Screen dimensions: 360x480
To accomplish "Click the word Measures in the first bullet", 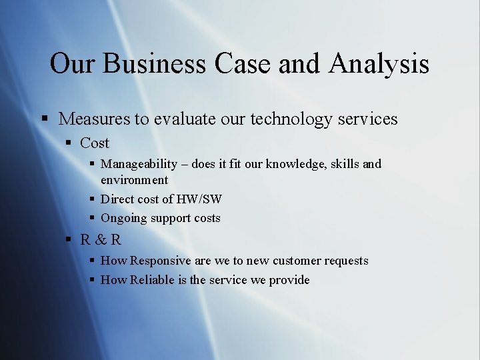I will pos(94,119).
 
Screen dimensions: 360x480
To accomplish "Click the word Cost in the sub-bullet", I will pos(95,143).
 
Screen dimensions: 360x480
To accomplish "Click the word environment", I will pos(134,180).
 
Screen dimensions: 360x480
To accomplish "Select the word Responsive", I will pos(161,261).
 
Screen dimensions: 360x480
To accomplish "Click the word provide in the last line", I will pos(289,281).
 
